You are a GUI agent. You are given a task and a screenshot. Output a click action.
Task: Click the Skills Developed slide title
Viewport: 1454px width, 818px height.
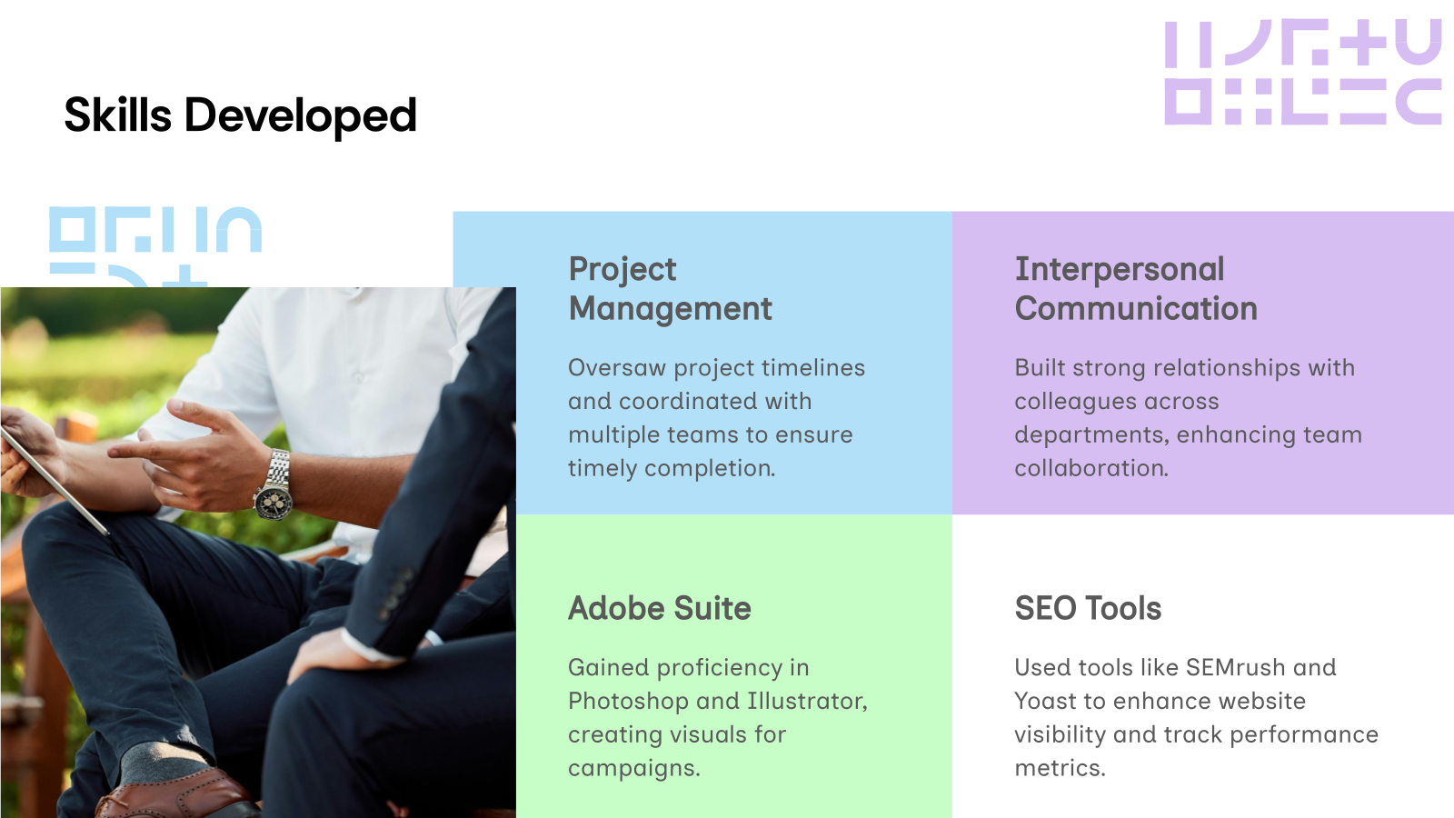click(240, 115)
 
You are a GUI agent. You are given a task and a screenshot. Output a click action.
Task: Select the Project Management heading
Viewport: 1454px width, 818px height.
click(670, 289)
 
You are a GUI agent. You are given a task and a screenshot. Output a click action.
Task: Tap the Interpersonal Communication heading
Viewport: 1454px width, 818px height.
click(1135, 289)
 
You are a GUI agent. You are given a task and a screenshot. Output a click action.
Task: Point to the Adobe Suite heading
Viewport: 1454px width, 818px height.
click(660, 608)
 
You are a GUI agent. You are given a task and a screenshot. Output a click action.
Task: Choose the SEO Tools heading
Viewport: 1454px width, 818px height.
click(1088, 608)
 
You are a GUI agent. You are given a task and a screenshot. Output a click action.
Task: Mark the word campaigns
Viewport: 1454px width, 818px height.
click(633, 769)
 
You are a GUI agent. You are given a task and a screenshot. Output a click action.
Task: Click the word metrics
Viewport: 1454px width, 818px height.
click(1059, 768)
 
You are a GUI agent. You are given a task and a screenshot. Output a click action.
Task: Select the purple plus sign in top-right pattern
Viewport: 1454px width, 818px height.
click(1369, 43)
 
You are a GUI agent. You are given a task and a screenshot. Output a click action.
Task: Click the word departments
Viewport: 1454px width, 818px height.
click(1090, 435)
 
